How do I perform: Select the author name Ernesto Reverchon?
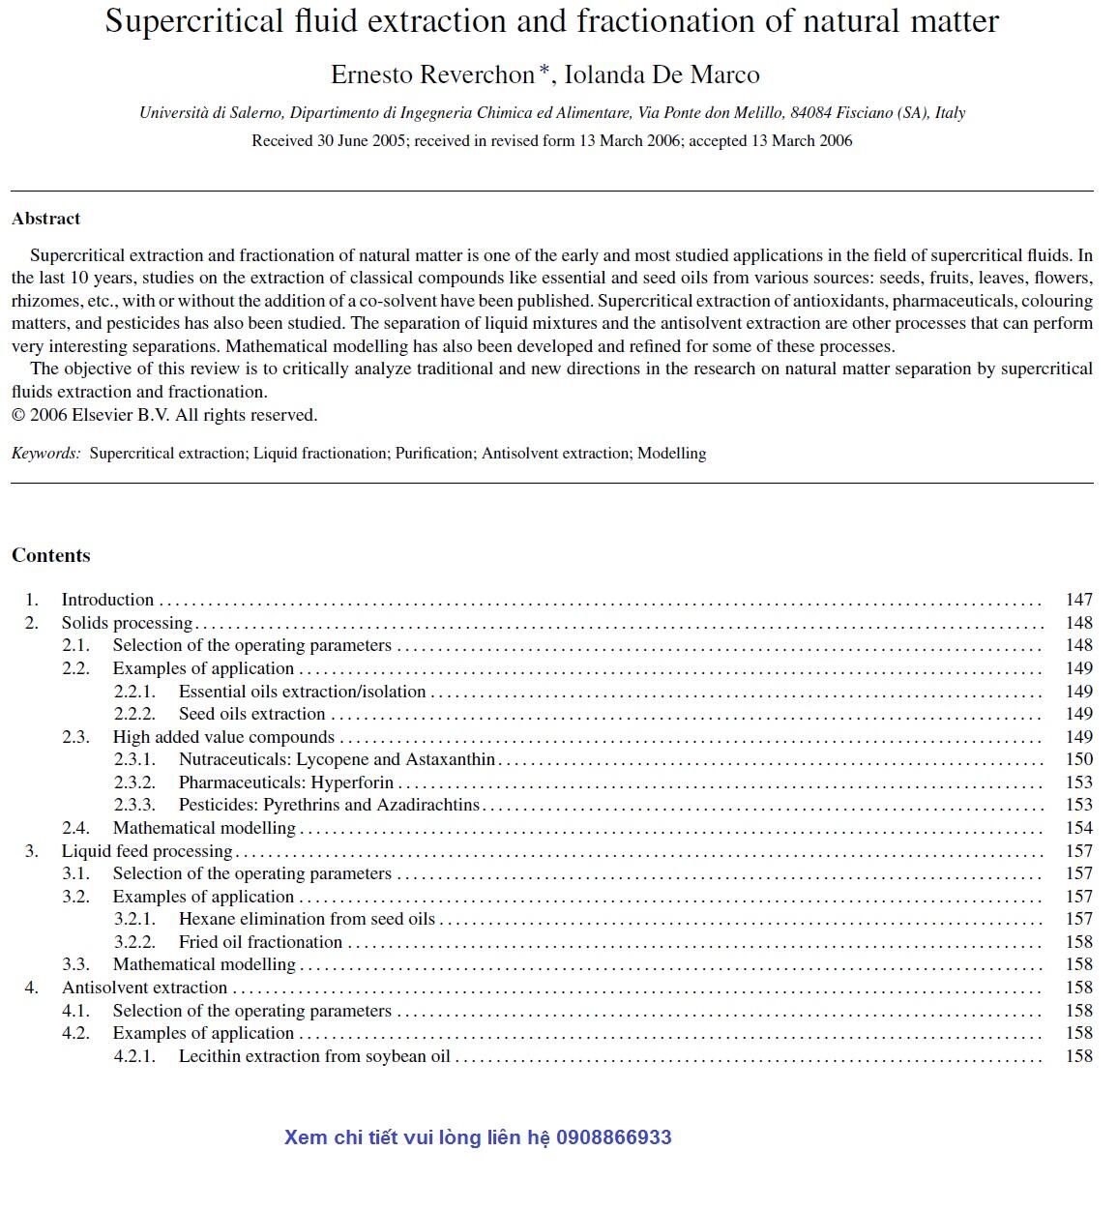pyautogui.click(x=432, y=74)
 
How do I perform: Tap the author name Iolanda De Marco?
pyautogui.click(x=662, y=74)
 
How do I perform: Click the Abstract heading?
pyautogui.click(x=46, y=219)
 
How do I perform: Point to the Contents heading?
pyautogui.click(x=51, y=555)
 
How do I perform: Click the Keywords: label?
pyautogui.click(x=46, y=453)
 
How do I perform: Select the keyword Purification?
pyautogui.click(x=434, y=453)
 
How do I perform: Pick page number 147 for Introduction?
pyautogui.click(x=1078, y=600)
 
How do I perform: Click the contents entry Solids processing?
pyautogui.click(x=127, y=623)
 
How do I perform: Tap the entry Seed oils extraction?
pyautogui.click(x=251, y=714)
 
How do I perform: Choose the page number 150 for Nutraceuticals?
pyautogui.click(x=1078, y=759)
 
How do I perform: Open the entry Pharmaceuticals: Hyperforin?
pyautogui.click(x=286, y=782)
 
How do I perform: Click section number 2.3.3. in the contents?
pyautogui.click(x=134, y=805)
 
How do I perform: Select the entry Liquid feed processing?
pyautogui.click(x=147, y=851)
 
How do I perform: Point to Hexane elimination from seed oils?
pyautogui.click(x=307, y=919)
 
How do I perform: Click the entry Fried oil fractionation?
pyautogui.click(x=260, y=942)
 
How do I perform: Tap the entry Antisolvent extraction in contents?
pyautogui.click(x=144, y=988)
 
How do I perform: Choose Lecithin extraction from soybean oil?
pyautogui.click(x=314, y=1056)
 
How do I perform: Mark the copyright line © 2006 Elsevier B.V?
pyautogui.click(x=164, y=415)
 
